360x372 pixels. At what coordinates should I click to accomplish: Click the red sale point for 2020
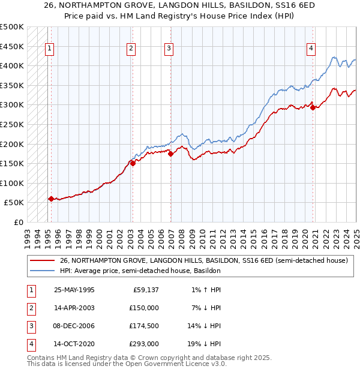pos(313,108)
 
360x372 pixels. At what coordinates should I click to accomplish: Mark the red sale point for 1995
pos(51,199)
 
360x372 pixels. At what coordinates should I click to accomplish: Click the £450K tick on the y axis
pos(12,46)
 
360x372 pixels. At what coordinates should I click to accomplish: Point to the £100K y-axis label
pos(12,183)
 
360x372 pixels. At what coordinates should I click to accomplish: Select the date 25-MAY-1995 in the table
pos(74,290)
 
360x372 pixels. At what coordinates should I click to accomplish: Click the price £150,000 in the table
pos(143,308)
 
